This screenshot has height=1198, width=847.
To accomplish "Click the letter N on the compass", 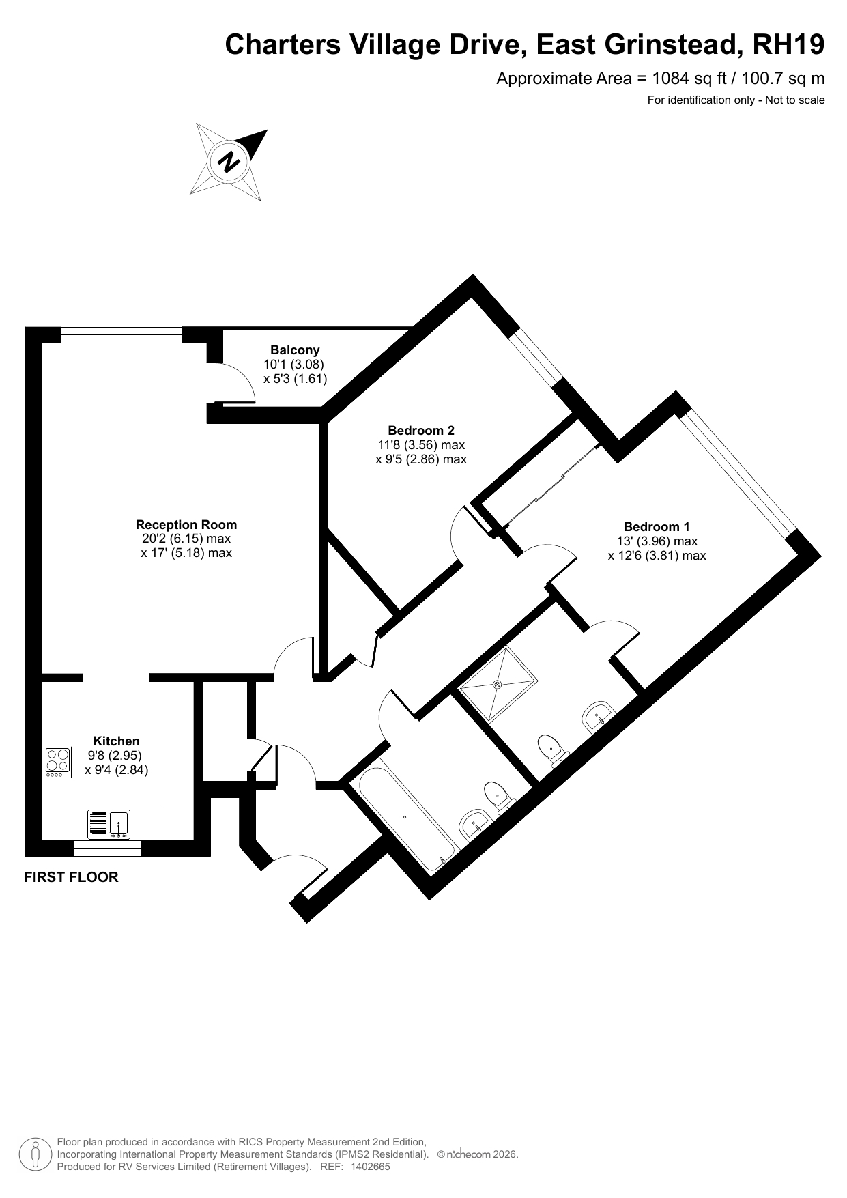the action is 229,162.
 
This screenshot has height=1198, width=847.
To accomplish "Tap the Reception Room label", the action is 186,524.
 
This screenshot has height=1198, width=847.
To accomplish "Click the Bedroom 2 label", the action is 421,430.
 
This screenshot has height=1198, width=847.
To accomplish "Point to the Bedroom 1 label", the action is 657,526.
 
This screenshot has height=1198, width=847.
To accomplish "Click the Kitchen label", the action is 116,741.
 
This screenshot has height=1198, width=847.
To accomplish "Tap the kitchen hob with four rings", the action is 58,762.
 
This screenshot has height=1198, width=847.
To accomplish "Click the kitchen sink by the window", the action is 109,824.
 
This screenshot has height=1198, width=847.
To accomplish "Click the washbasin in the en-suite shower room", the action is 599,716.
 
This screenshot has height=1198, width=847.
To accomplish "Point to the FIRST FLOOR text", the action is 71,877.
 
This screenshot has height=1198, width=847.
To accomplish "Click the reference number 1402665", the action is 370,1167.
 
